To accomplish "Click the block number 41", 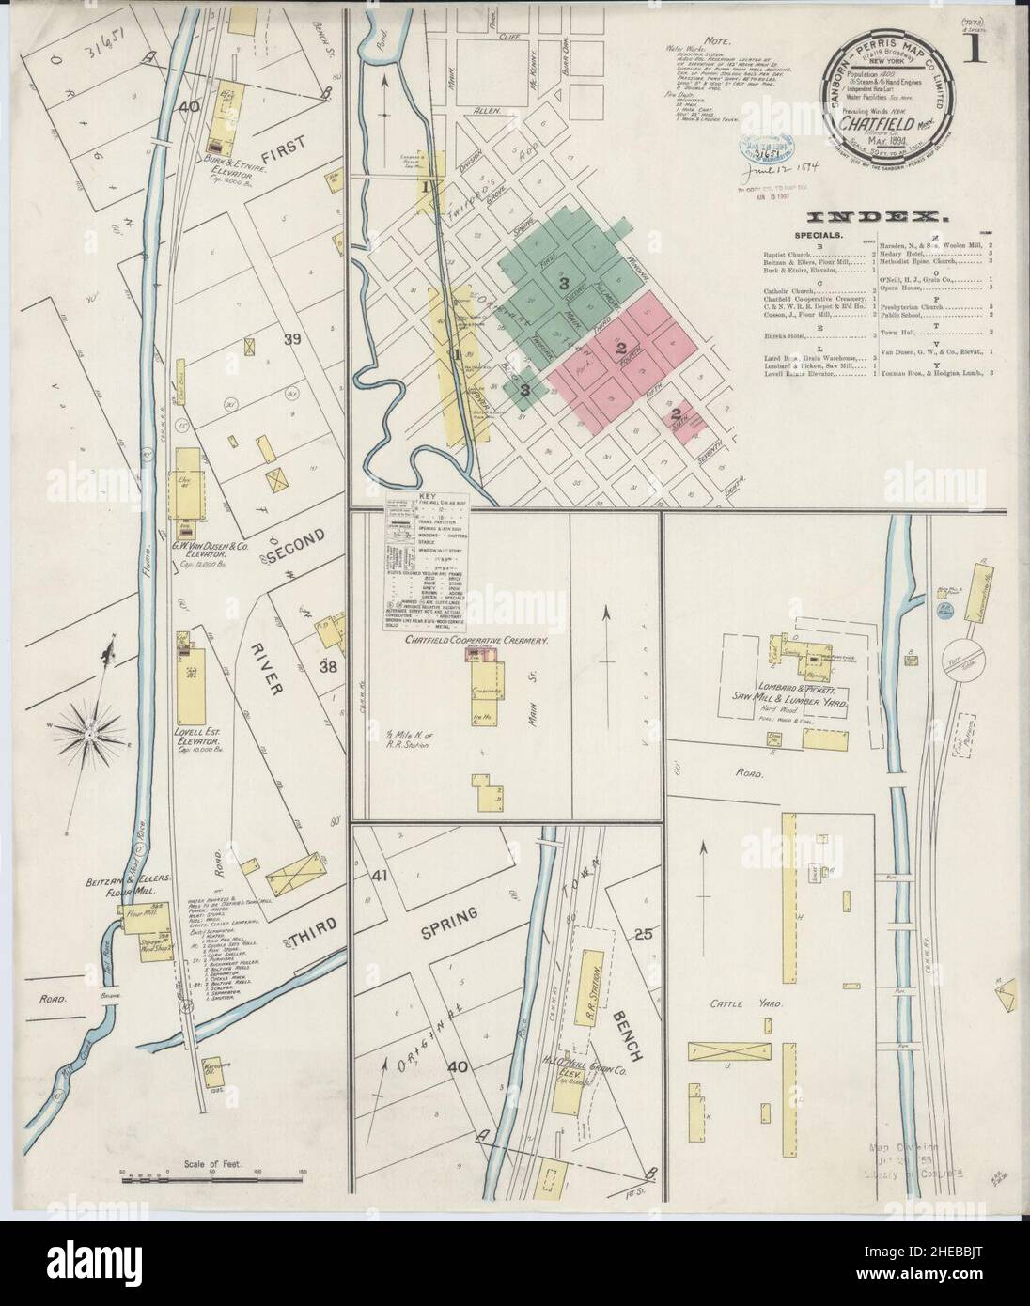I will (381, 876).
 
